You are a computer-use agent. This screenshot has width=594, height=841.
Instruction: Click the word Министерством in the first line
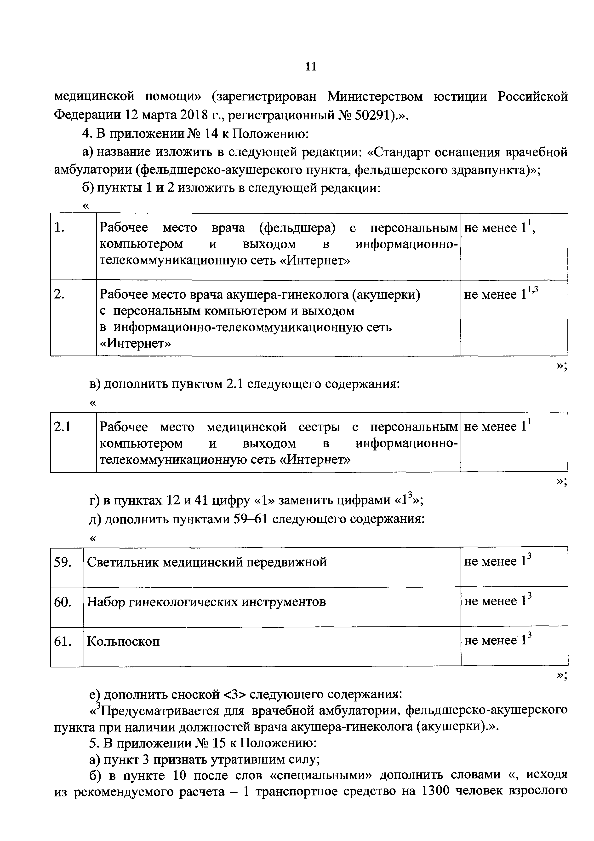(x=375, y=97)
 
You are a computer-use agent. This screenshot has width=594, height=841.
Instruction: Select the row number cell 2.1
(x=62, y=427)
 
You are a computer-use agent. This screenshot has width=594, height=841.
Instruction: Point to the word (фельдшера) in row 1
(x=297, y=228)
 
